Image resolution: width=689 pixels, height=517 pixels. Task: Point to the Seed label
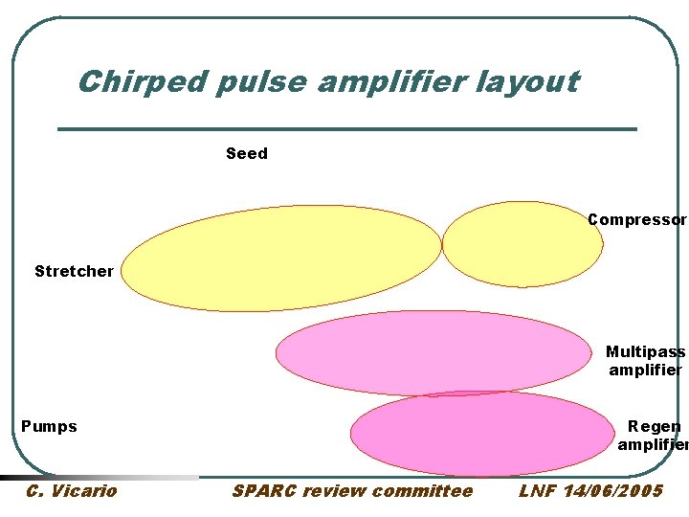[247, 153]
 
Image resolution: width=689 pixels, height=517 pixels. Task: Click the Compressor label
[636, 220]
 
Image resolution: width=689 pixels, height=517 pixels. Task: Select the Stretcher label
[74, 271]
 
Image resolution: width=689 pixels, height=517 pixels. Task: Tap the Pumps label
[49, 426]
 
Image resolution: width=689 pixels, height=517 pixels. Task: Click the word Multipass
[645, 352]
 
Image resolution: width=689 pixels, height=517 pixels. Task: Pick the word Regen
[655, 427]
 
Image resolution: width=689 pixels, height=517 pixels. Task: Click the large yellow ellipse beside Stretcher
[282, 258]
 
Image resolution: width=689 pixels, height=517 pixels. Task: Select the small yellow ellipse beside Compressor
[522, 244]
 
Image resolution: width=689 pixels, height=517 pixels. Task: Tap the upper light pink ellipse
[433, 352]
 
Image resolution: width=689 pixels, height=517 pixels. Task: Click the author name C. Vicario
[72, 491]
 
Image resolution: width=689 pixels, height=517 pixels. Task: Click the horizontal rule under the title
[347, 128]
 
